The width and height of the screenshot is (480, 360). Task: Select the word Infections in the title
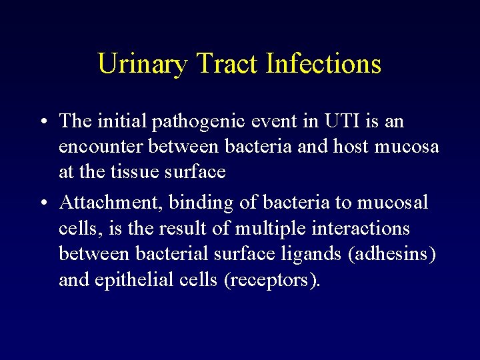pos(323,64)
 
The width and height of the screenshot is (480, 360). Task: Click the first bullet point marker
pos(43,122)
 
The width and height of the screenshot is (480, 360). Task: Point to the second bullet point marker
pos(43,202)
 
